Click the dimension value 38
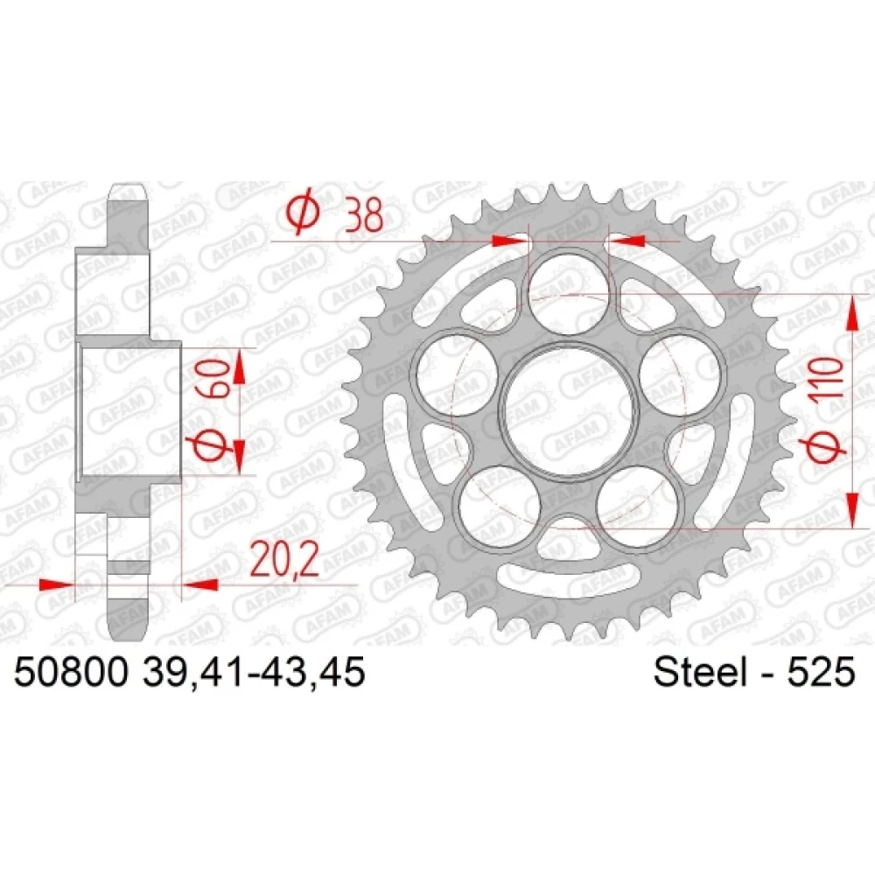pos(364,215)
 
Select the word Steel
pos(700,671)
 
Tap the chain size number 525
pos(821,671)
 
